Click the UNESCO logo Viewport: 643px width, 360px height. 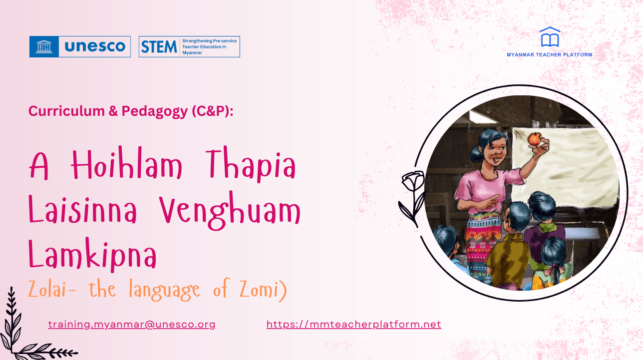point(80,46)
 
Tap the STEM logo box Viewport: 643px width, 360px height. point(189,46)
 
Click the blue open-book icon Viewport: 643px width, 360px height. point(550,37)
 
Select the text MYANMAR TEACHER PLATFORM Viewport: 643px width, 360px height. point(549,55)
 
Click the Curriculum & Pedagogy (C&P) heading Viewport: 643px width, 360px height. point(131,111)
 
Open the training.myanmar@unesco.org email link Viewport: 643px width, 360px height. point(132,324)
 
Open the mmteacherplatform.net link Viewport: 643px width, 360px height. point(353,324)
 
